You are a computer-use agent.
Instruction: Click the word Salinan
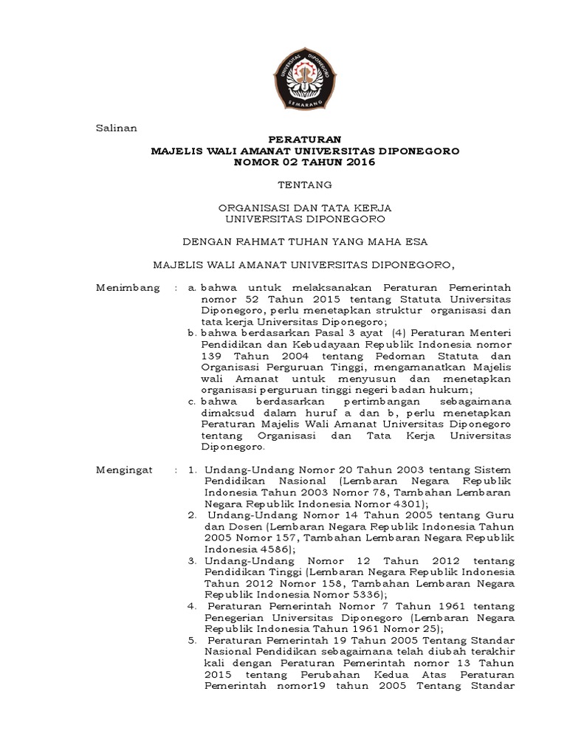(117, 128)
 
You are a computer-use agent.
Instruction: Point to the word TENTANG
(305, 184)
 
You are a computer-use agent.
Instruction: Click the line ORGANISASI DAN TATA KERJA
(305, 207)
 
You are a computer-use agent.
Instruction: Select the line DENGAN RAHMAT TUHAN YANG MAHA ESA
(305, 241)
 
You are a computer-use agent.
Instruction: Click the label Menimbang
(128, 287)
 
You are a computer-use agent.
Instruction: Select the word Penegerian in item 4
(233, 617)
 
